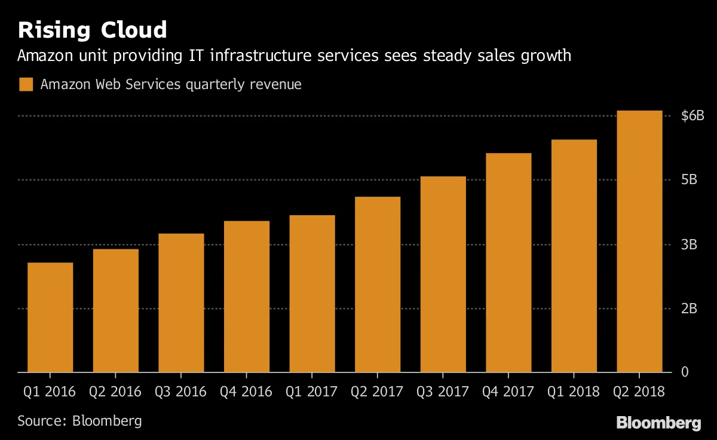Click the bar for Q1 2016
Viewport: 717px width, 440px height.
(50, 317)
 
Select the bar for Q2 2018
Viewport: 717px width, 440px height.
(639, 242)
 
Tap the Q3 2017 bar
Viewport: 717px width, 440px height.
(443, 274)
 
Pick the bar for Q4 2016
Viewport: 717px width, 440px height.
(247, 297)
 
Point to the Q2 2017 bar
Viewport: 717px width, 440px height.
(378, 285)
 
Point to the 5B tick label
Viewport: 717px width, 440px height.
(689, 180)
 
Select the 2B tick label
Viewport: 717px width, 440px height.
(689, 308)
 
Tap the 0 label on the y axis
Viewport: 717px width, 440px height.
(685, 372)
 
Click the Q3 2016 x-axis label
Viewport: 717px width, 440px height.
(180, 392)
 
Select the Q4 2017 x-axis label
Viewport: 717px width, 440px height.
(508, 392)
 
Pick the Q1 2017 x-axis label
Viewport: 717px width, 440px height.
(312, 392)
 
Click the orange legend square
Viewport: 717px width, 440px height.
(26, 84)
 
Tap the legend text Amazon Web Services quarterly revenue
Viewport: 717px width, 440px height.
(171, 84)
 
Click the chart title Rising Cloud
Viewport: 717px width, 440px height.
(92, 30)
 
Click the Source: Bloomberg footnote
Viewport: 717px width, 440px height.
(79, 420)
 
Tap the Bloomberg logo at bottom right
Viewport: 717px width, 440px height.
(658, 423)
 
